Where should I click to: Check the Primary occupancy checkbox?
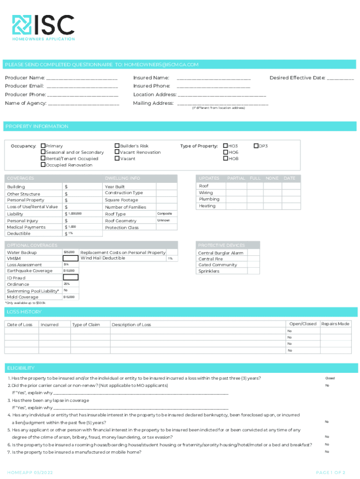[x=43, y=146]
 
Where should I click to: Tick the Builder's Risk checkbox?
[x=117, y=146]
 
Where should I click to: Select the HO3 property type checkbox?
[x=225, y=146]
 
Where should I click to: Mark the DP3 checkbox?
[x=256, y=146]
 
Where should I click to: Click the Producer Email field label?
[x=24, y=86]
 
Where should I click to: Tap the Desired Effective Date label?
[x=297, y=78]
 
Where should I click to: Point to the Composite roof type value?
[x=164, y=213]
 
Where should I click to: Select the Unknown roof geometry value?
[x=164, y=220]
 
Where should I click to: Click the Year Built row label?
[x=115, y=187]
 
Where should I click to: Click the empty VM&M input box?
[x=70, y=258]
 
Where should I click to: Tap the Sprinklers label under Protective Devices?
[x=209, y=271]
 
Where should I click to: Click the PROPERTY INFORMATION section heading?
[x=36, y=126]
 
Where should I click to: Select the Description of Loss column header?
[x=131, y=325]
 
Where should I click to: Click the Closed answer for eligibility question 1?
[x=330, y=378]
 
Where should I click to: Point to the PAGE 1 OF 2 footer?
[x=331, y=472]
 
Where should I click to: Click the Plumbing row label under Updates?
[x=209, y=199]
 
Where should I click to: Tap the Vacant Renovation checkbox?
[x=117, y=152]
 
